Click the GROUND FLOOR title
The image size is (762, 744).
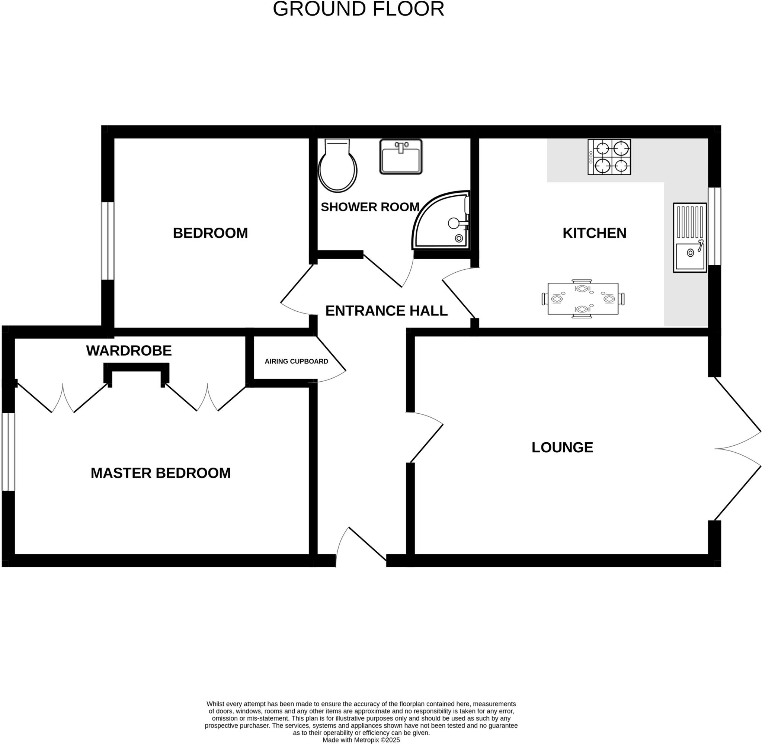(358, 9)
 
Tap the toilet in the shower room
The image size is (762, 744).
(337, 166)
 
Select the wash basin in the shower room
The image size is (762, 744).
(401, 157)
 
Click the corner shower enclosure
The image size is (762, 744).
(444, 223)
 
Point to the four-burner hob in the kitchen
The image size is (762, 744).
(609, 157)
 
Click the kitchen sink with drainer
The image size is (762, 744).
(690, 238)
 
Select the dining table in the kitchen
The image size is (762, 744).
(583, 299)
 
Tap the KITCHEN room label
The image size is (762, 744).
(594, 233)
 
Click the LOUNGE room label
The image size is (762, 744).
(562, 448)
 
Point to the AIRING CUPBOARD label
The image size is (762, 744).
(296, 362)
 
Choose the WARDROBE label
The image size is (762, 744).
(129, 351)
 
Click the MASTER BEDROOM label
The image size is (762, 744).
(161, 473)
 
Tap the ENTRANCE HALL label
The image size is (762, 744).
(386, 311)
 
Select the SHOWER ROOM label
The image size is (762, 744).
(370, 207)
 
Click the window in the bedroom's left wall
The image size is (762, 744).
(108, 241)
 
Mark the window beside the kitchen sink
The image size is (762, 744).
(715, 227)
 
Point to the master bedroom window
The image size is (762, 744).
(8, 452)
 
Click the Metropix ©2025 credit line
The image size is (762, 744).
(361, 740)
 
